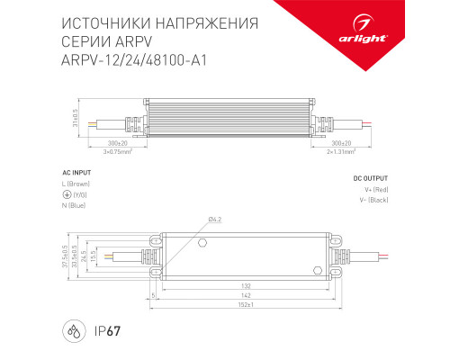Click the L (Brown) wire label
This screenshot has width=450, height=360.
click(x=85, y=184)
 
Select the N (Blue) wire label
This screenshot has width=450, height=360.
click(x=82, y=206)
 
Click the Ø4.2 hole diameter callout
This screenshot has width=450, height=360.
click(x=215, y=220)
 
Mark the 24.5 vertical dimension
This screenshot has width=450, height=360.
click(x=90, y=256)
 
